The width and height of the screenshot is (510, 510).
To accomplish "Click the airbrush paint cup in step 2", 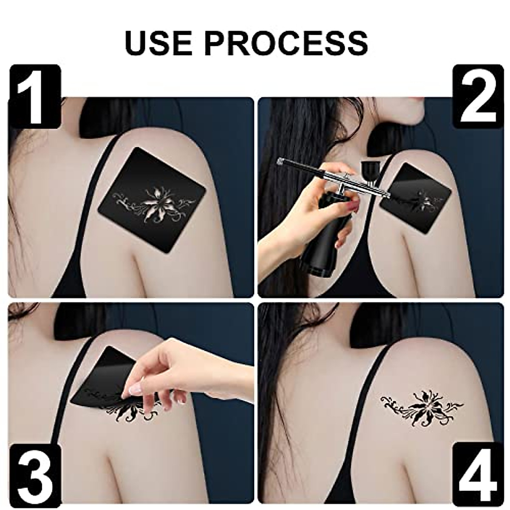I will [x=368, y=170].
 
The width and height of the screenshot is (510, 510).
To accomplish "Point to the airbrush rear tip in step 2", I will [x=280, y=161].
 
